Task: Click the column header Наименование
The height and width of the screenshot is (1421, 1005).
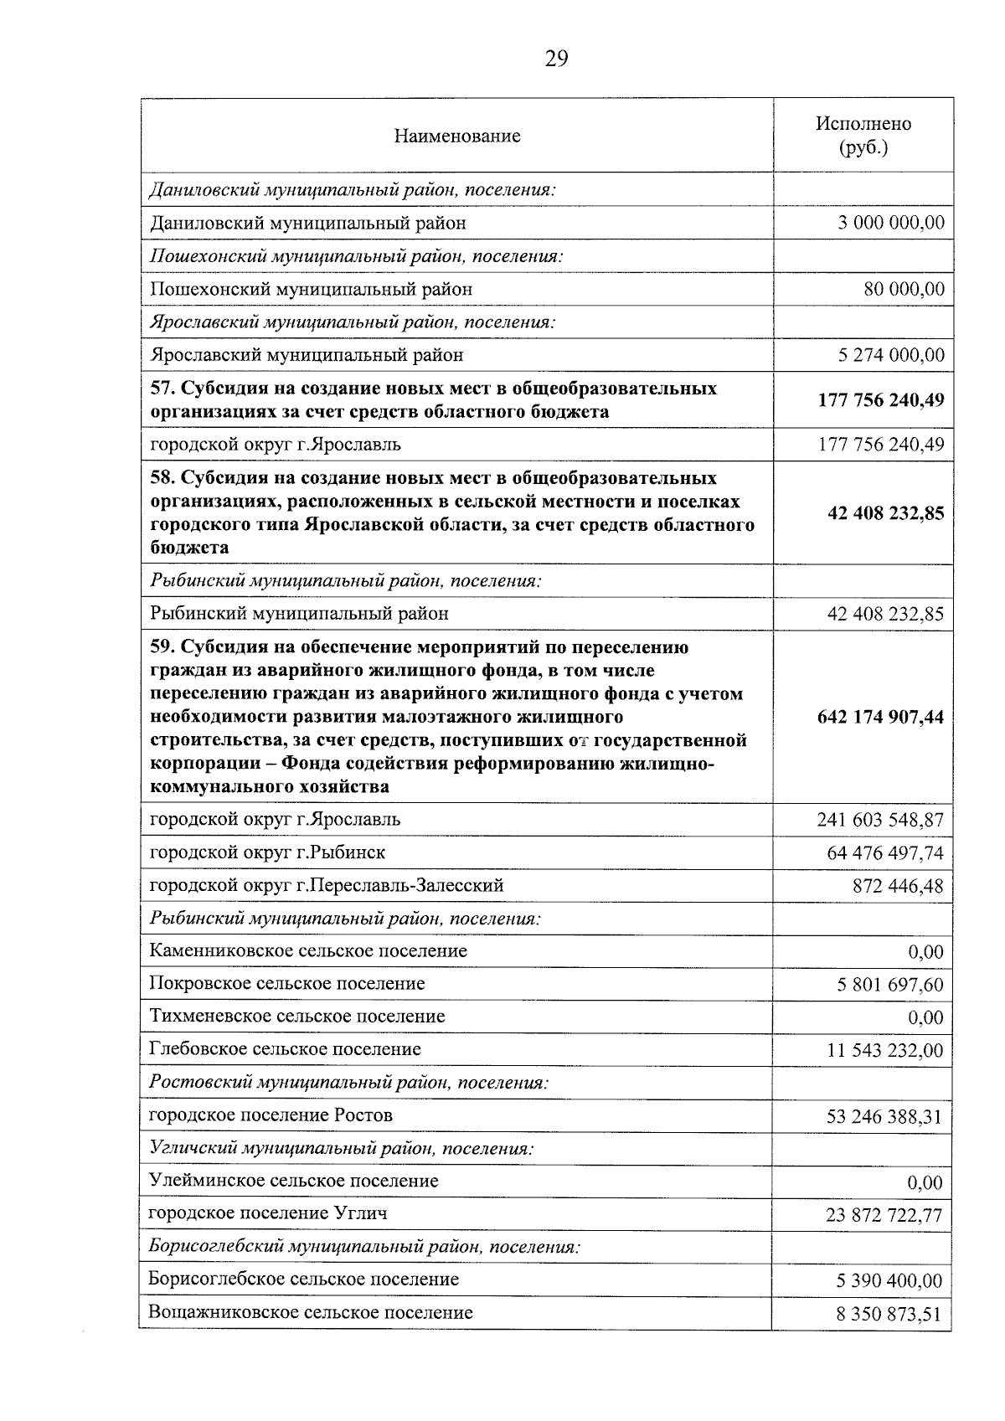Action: tap(457, 136)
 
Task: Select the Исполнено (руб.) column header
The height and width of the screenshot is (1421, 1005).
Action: tap(863, 136)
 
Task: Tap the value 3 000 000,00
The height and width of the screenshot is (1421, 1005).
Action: tap(891, 223)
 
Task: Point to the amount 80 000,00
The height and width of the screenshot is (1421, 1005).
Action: tap(904, 289)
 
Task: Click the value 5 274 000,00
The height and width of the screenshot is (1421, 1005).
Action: tap(891, 355)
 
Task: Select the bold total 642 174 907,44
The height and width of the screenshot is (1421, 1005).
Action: tap(880, 717)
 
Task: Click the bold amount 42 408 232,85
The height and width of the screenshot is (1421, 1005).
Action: tap(885, 512)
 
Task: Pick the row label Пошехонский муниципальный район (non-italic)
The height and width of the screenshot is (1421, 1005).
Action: tap(311, 289)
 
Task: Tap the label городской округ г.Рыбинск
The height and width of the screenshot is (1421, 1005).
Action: tap(267, 852)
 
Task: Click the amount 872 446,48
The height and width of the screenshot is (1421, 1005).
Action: tap(898, 886)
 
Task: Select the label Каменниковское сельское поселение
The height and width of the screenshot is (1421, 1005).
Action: tap(308, 951)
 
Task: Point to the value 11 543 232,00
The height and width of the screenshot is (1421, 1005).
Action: tap(884, 1051)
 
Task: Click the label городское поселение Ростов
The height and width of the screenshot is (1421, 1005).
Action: tap(271, 1115)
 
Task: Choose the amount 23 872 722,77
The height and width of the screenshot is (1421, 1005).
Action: tap(884, 1215)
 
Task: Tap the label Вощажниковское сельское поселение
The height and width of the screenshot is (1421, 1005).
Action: tap(310, 1312)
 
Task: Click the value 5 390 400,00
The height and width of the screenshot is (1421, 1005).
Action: tap(889, 1281)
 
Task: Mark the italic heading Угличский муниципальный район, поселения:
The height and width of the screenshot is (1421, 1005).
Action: tap(342, 1148)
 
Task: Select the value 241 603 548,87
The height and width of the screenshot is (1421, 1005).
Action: tap(880, 820)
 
